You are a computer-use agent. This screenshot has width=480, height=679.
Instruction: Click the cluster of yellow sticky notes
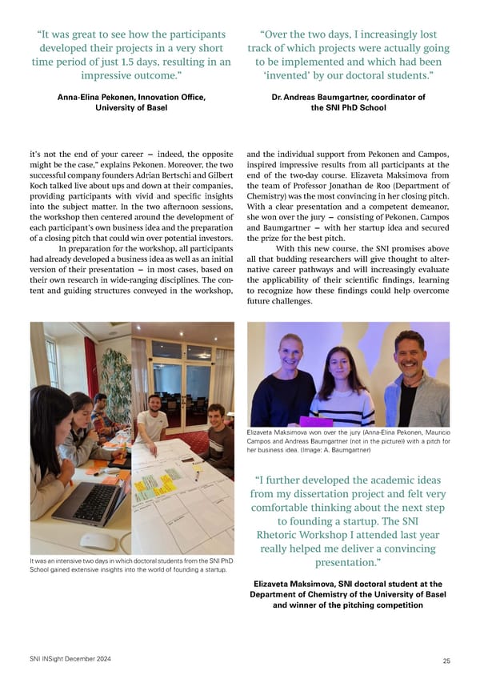(155, 483)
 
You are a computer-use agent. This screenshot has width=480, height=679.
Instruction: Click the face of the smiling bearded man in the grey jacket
(409, 350)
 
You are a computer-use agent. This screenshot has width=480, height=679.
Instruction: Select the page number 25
(445, 661)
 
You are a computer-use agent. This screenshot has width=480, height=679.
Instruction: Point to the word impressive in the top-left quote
(113, 76)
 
